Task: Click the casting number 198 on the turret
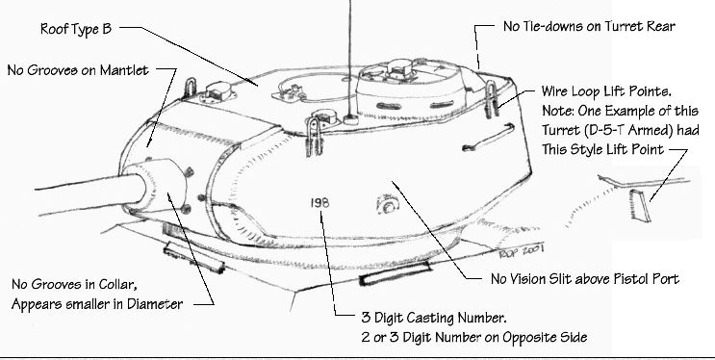coord(319,202)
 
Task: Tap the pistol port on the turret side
coord(388,205)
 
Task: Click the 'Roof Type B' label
coord(76,29)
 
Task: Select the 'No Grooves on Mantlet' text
coord(79,70)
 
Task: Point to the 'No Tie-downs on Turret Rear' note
coord(589,26)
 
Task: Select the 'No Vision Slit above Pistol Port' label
coord(585,279)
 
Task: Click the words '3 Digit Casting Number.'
coord(434,318)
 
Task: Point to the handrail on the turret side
coord(488,137)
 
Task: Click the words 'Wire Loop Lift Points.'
coord(606,91)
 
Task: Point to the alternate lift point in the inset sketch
coord(640,205)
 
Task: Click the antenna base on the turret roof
coord(350,119)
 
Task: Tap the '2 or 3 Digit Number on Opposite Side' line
coord(474,338)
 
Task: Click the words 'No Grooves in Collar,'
coord(74,284)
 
